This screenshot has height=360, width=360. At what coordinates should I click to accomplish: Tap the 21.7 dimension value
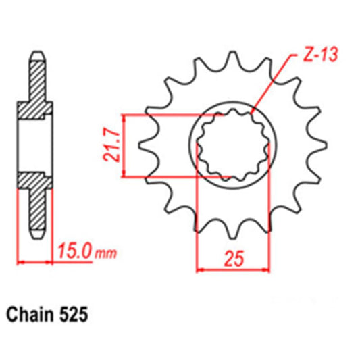coord(115,146)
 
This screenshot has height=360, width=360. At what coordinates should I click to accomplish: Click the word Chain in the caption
coord(30,315)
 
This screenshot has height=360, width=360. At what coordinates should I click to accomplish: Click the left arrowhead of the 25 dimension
coord(200,271)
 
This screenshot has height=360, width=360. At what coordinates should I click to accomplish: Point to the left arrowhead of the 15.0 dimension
coord(21,260)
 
